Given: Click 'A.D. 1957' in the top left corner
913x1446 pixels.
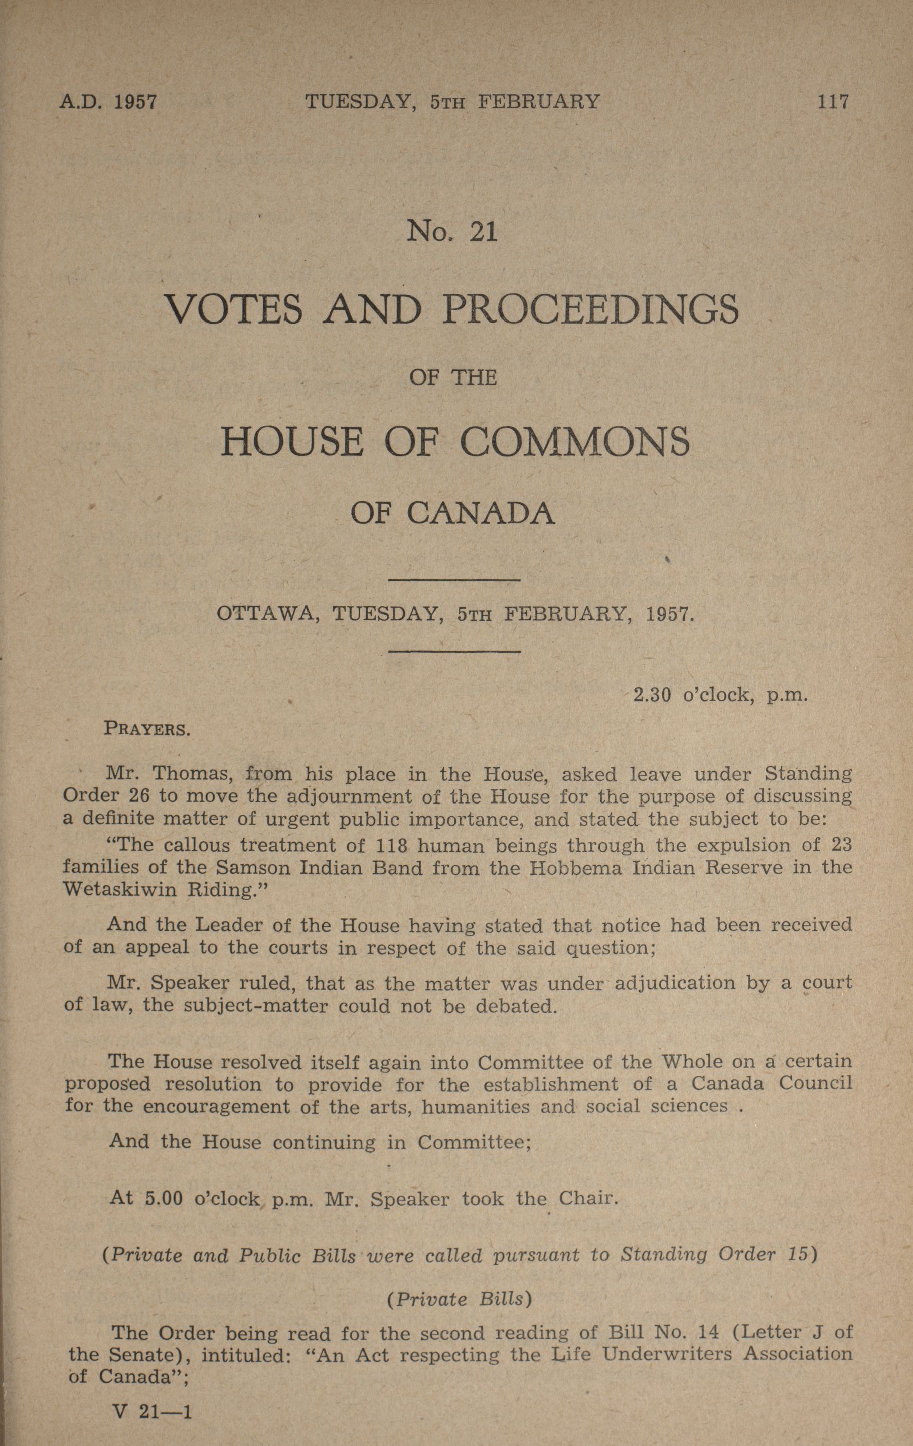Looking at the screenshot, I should coord(108,101).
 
